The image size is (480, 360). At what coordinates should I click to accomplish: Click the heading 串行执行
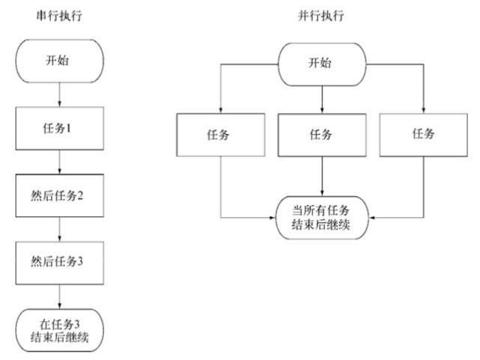58,14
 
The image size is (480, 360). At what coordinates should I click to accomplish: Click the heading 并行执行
321,14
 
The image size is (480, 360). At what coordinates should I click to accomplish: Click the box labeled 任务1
58,127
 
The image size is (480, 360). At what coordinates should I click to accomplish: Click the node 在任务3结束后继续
58,330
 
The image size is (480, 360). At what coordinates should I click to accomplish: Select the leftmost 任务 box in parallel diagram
222,135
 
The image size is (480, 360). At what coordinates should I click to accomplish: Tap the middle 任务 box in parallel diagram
322,135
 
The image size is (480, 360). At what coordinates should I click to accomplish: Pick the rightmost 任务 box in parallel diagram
424,135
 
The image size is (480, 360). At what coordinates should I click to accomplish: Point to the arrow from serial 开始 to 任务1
58,92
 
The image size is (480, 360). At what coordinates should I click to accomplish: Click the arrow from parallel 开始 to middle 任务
322,97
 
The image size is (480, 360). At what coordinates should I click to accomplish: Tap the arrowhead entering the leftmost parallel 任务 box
222,109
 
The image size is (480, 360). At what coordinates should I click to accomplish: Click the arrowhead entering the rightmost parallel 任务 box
424,109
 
